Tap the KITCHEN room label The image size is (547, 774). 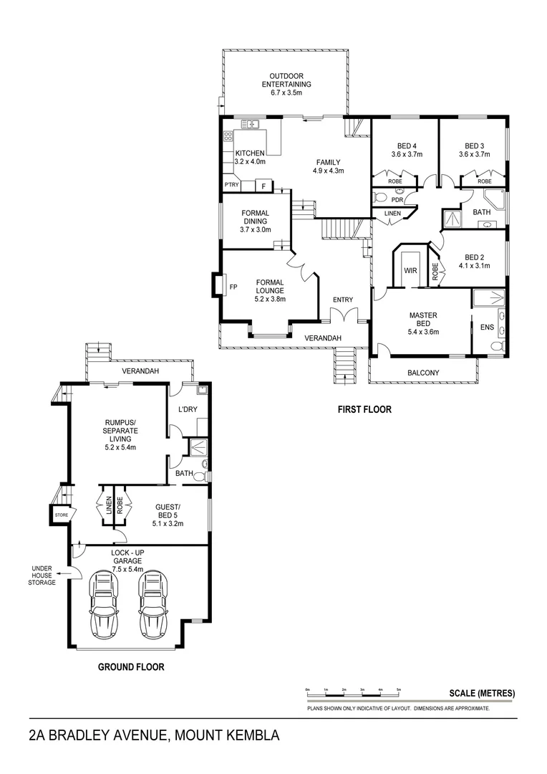[x=250, y=153]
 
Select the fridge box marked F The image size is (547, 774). [x=263, y=186]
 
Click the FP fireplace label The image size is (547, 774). [x=233, y=287]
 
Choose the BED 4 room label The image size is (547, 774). [x=406, y=149]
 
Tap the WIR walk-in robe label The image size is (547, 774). [x=410, y=272]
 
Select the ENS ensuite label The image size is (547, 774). [x=487, y=328]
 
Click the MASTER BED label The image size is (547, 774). [x=423, y=323]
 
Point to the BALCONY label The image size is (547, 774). [x=423, y=373]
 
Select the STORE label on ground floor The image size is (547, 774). [x=60, y=514]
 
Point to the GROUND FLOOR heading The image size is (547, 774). [x=131, y=666]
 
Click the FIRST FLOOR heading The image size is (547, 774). [x=364, y=411]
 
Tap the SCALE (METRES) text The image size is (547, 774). [x=481, y=693]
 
